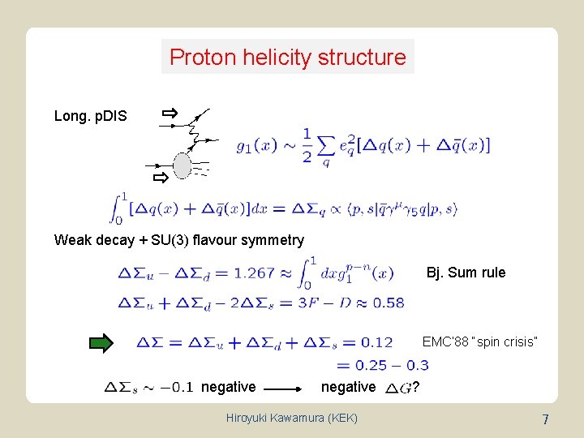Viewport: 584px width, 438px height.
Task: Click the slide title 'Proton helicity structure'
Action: (x=288, y=58)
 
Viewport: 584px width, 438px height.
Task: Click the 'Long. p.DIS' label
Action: (x=90, y=116)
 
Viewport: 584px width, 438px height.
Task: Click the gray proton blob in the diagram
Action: (x=182, y=166)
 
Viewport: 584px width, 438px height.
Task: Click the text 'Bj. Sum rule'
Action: (x=466, y=273)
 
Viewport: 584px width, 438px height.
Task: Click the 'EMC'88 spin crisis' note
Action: (x=479, y=341)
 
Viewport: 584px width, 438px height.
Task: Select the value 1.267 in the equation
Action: (x=254, y=273)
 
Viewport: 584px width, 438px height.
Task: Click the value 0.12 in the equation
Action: (x=376, y=343)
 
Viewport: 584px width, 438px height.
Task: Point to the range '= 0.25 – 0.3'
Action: (x=382, y=365)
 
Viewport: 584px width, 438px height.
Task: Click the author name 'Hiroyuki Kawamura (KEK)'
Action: (x=291, y=418)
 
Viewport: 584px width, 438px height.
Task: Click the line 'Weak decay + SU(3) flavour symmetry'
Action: (x=178, y=240)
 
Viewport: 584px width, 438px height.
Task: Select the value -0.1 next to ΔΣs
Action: (x=177, y=387)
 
